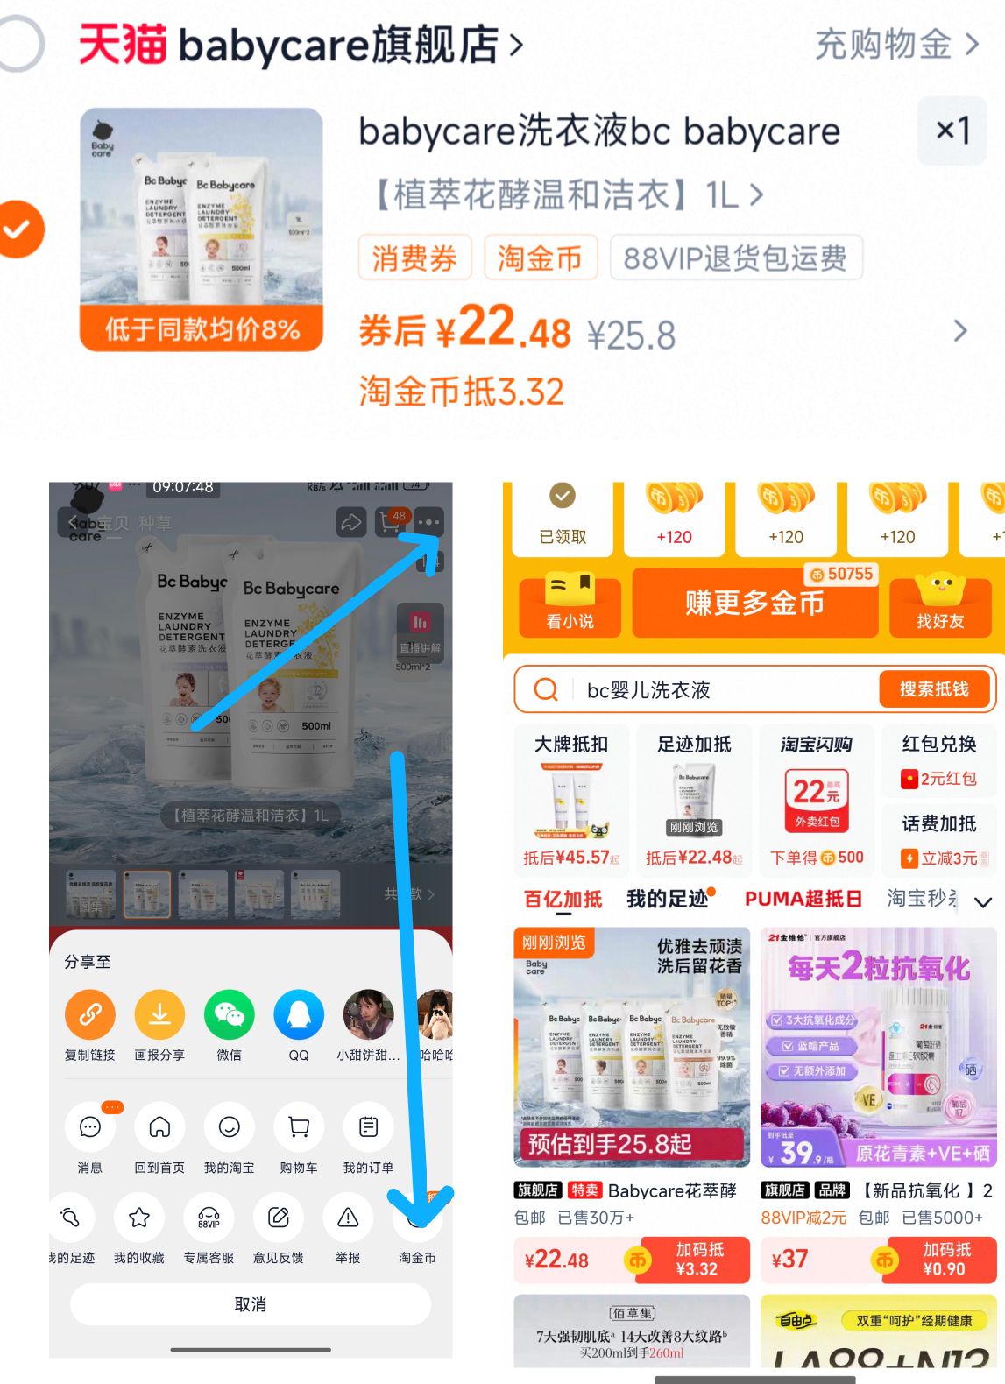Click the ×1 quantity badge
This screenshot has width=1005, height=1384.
[x=952, y=131]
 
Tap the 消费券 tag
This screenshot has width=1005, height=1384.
[x=414, y=258]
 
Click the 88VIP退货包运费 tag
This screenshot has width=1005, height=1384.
[x=735, y=258]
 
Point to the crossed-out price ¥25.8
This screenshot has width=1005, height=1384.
[x=631, y=335]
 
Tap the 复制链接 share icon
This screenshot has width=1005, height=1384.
[x=90, y=1015]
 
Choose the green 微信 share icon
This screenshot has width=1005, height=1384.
[x=229, y=1015]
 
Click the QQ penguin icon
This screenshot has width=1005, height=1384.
[x=299, y=1015]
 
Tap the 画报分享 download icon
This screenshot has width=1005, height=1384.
[x=159, y=1015]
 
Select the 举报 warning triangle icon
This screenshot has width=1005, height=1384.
[x=348, y=1218]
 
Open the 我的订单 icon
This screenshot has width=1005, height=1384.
[x=368, y=1127]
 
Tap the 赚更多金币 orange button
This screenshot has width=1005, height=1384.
[x=754, y=603]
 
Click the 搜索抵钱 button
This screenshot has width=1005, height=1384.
[x=934, y=689]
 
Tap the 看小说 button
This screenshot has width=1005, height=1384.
[x=570, y=603]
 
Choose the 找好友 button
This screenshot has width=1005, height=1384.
[x=940, y=603]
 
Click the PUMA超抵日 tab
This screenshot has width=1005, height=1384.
[x=803, y=899]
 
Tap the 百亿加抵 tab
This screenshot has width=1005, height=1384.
[x=563, y=899]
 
